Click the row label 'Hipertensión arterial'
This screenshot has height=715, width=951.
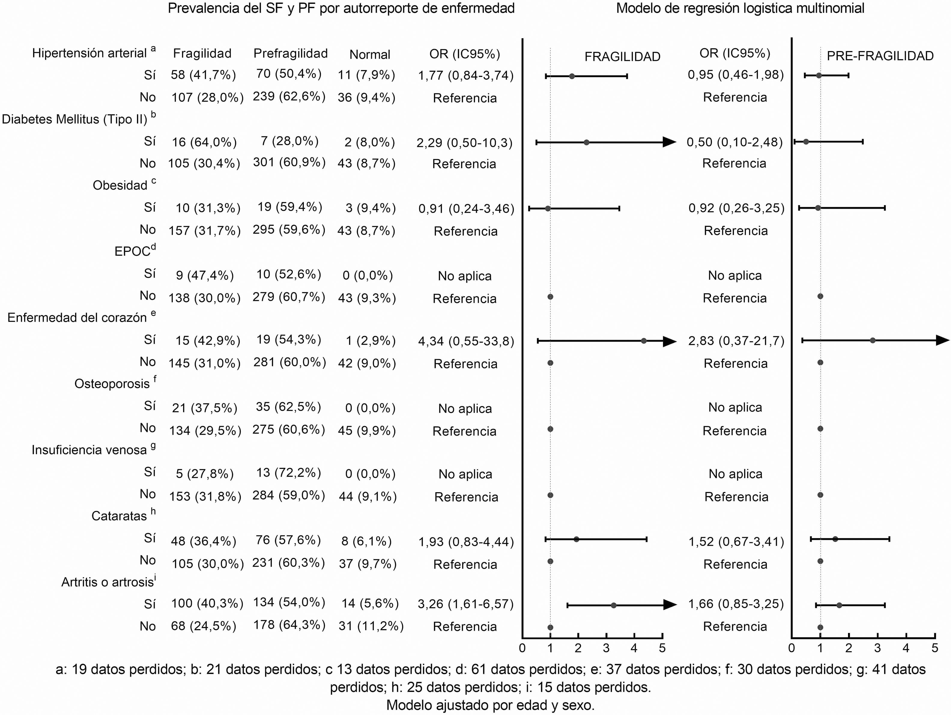click(x=89, y=53)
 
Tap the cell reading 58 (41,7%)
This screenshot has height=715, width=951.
click(x=203, y=75)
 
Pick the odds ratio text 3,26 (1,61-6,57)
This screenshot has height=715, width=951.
click(x=466, y=604)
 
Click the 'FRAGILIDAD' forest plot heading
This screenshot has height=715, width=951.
click(x=622, y=57)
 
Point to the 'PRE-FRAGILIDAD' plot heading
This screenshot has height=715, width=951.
click(x=880, y=56)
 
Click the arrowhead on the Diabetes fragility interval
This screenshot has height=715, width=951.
click(x=669, y=142)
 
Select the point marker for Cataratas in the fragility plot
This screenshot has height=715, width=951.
click(x=576, y=539)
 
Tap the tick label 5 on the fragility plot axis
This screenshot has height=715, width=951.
click(x=662, y=648)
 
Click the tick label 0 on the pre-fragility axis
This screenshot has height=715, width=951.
click(x=792, y=648)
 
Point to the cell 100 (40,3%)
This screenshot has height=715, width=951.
click(x=207, y=603)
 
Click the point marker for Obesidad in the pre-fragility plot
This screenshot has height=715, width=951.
click(x=818, y=208)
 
